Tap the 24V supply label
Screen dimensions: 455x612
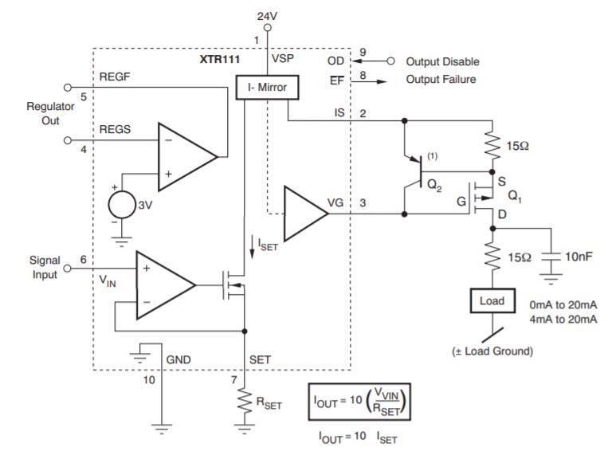pyautogui.click(x=267, y=16)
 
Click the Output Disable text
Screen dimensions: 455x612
pyautogui.click(x=442, y=61)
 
